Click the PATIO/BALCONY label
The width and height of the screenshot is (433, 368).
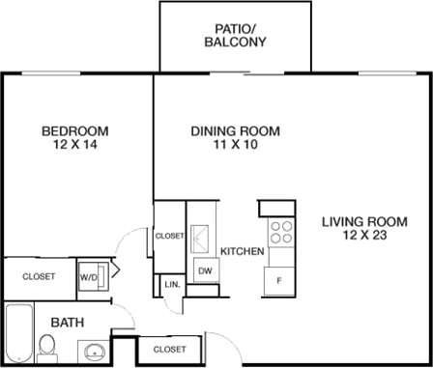tap(236, 35)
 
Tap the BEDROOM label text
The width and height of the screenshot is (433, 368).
tap(73, 131)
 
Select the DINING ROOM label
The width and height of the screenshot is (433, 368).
tap(235, 131)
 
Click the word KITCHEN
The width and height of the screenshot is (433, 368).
tap(243, 251)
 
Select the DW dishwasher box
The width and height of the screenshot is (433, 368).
tap(205, 271)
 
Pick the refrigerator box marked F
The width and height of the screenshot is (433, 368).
tap(279, 280)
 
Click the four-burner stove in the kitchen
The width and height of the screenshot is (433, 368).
tap(281, 232)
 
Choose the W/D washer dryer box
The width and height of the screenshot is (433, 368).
tap(90, 276)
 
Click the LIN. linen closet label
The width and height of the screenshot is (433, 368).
tap(172, 285)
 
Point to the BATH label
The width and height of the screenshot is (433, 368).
tap(66, 322)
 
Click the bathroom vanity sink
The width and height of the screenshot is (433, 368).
tap(94, 350)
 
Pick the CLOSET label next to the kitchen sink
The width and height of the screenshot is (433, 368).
tap(169, 235)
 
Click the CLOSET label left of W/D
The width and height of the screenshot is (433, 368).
tap(39, 276)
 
